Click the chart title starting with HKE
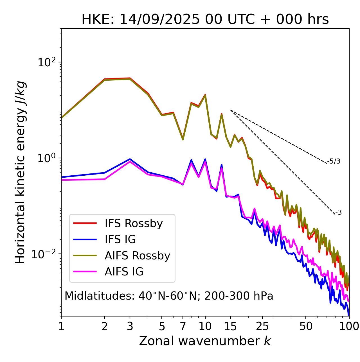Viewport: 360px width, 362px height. tap(205, 20)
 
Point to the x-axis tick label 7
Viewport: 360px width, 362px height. tap(183, 326)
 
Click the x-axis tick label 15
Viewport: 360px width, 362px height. tap(230, 326)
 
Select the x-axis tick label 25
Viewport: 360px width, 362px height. tap(262, 326)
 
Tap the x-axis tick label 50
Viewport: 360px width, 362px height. tap(306, 326)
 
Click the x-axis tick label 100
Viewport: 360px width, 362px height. tap(349, 326)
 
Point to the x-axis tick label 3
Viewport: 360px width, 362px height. tap(130, 326)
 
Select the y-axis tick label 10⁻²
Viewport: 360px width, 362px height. tap(45, 254)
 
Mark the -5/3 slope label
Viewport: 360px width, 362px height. tap(334, 161)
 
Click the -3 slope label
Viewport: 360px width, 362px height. tap(338, 213)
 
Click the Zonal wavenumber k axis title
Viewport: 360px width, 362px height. tap(205, 341)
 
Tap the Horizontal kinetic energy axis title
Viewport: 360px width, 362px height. tap(20, 172)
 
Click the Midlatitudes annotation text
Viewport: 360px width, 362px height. tap(169, 296)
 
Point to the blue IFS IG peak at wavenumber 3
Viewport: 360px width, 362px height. tap(130, 159)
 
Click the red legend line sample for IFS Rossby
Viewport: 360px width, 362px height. tap(85, 223)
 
